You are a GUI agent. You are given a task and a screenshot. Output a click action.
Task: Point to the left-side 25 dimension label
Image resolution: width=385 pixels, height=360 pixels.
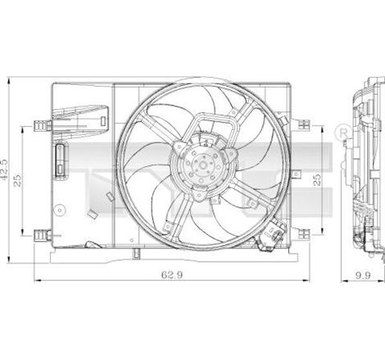pyautogui.click(x=24, y=181)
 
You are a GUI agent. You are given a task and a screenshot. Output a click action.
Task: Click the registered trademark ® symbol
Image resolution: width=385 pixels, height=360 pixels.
pyautogui.click(x=342, y=131)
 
